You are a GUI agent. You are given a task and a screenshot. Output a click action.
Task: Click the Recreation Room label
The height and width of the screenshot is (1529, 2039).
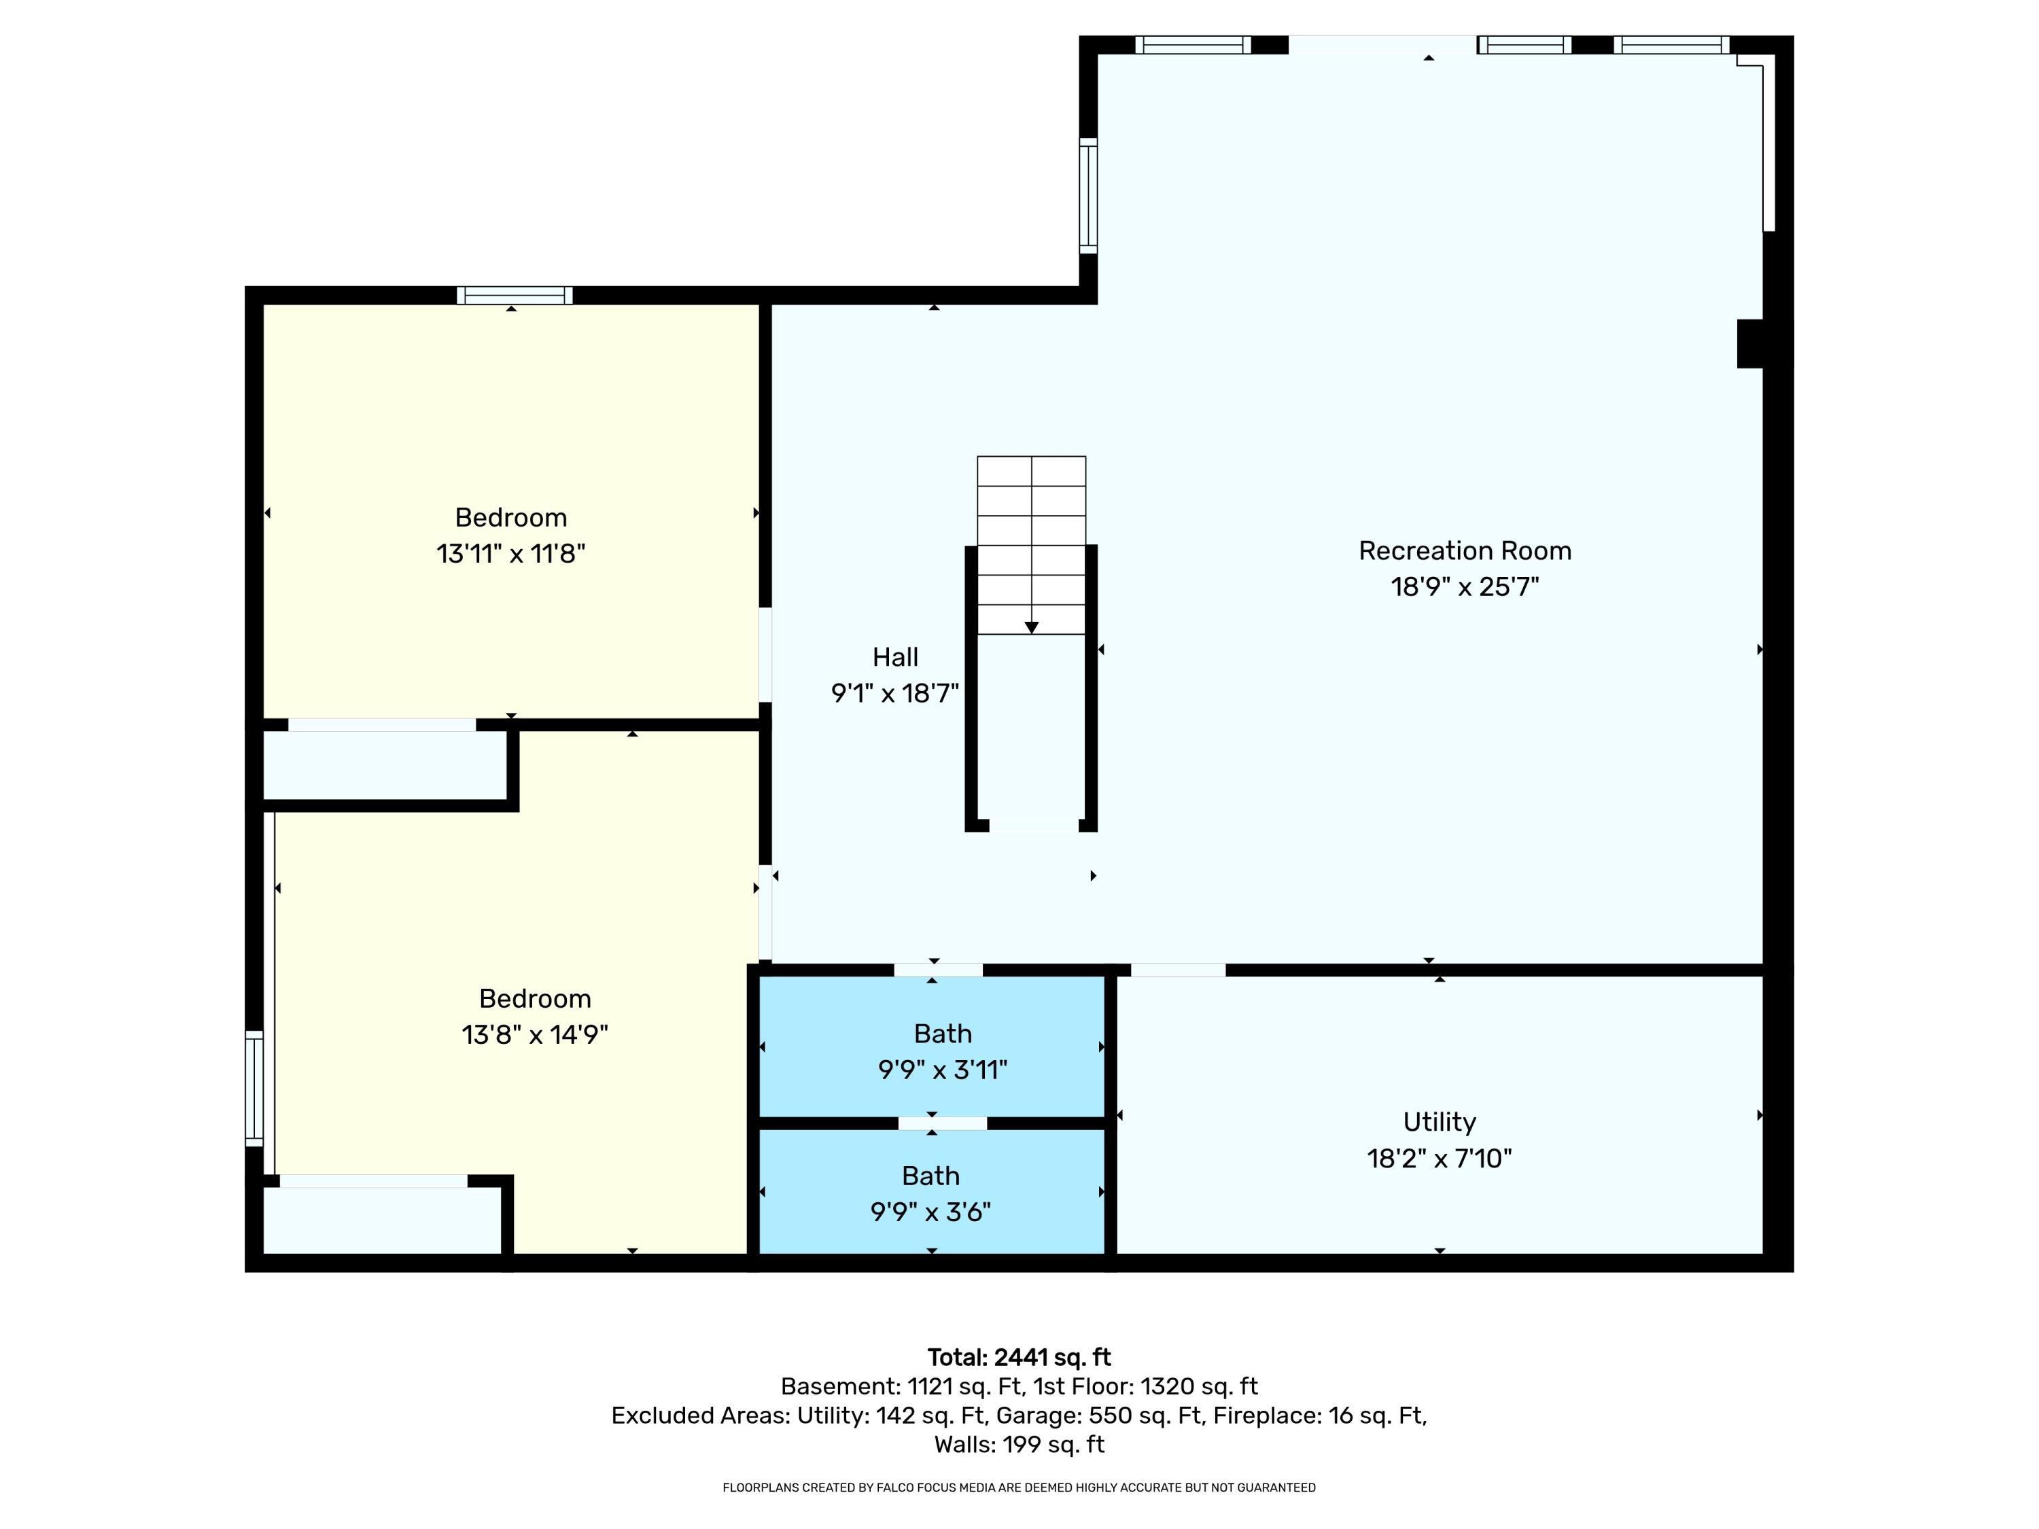click(x=1464, y=550)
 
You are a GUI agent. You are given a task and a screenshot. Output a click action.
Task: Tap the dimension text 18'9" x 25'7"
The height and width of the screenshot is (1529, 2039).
click(x=1464, y=587)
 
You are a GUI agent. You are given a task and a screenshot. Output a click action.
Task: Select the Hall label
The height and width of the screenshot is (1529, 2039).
click(x=895, y=657)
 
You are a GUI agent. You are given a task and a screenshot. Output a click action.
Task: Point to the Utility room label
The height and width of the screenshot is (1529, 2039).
click(x=1439, y=1122)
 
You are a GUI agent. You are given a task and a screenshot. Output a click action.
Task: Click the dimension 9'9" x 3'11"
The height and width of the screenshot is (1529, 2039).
click(x=942, y=1070)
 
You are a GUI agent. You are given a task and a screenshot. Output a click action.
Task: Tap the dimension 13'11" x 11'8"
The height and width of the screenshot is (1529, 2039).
click(x=510, y=554)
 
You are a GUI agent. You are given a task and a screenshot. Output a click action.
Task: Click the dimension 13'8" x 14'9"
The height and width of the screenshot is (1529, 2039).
click(x=535, y=1035)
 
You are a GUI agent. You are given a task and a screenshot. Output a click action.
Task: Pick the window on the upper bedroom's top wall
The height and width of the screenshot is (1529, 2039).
click(x=515, y=295)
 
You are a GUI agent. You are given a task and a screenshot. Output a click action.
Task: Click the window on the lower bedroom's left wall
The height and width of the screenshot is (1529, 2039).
click(x=254, y=1089)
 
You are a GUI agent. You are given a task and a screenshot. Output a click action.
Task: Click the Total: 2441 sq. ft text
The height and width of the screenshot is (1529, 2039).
click(x=1019, y=1358)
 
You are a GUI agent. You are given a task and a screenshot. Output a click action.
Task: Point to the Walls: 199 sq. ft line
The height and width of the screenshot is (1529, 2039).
click(x=1019, y=1444)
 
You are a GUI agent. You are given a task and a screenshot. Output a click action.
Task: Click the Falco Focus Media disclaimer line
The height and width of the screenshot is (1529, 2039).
click(x=1019, y=1488)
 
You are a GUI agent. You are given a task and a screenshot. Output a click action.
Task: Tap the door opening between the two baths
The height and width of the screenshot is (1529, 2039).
click(x=942, y=1123)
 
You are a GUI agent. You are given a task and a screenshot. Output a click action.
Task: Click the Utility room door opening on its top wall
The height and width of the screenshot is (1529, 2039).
click(x=1177, y=970)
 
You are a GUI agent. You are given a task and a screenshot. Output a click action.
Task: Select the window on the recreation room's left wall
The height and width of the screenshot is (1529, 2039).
click(x=1087, y=196)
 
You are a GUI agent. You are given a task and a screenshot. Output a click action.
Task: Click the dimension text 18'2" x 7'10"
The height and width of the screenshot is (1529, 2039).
click(x=1439, y=1159)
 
